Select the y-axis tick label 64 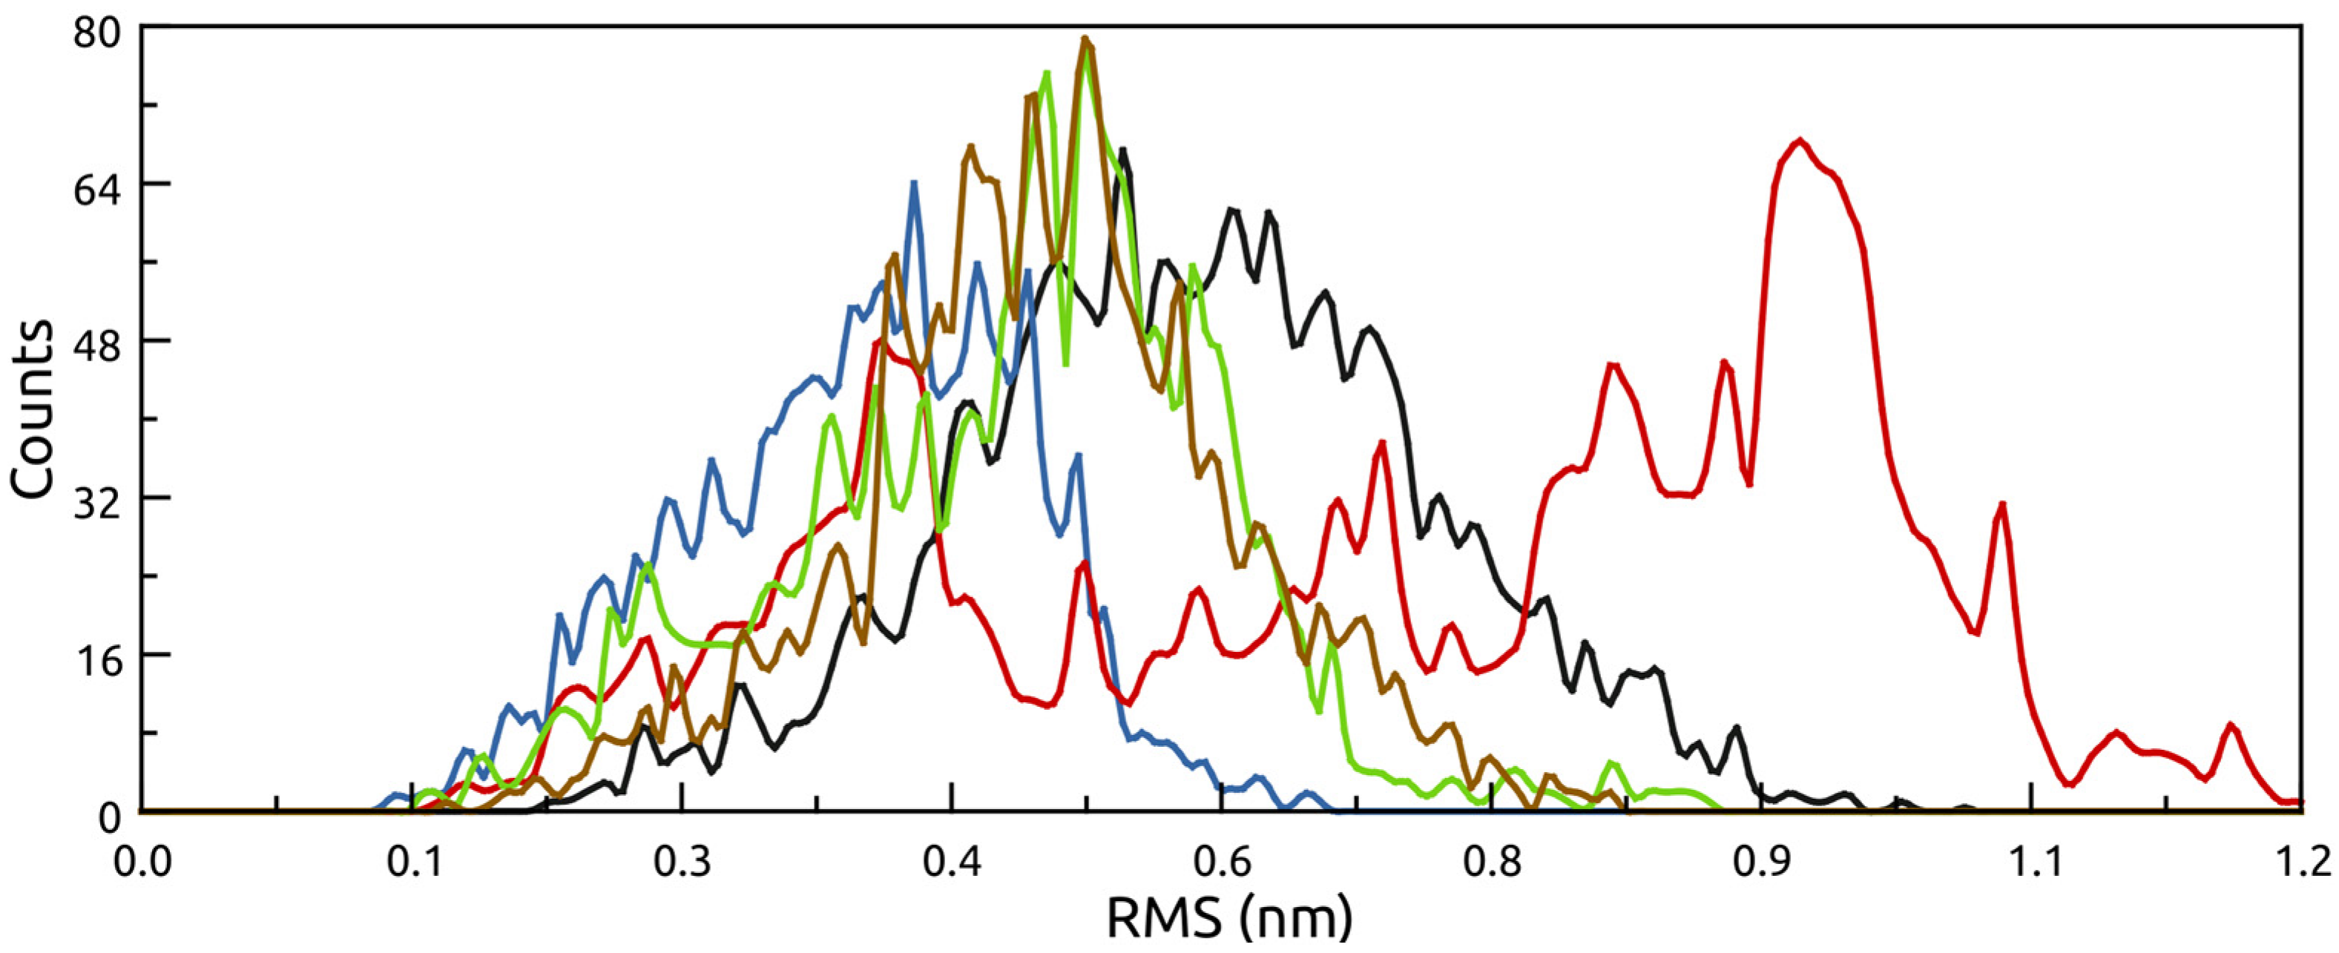coord(97,184)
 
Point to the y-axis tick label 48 coord(97,341)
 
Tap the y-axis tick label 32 coord(97,498)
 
